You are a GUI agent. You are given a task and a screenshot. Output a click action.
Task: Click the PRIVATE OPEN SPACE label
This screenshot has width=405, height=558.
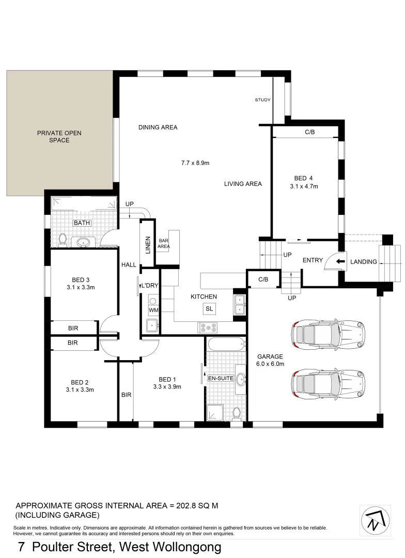coord(59,136)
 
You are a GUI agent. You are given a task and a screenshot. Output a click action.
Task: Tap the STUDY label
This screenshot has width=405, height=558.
coord(262,100)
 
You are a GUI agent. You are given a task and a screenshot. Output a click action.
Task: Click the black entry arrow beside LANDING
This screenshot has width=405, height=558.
coord(340,261)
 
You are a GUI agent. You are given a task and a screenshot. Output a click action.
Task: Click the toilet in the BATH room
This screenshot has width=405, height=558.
coord(63,239)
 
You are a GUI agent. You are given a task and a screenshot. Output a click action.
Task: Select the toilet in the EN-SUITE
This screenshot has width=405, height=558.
coord(237,413)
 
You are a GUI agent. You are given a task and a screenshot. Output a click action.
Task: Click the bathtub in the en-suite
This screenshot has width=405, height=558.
coord(227,344)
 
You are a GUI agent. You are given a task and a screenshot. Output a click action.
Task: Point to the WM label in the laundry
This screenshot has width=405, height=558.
coord(153,310)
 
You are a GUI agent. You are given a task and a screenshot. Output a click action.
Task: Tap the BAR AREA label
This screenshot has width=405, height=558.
coord(164,244)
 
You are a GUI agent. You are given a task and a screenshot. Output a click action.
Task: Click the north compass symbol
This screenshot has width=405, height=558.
coord(376,519)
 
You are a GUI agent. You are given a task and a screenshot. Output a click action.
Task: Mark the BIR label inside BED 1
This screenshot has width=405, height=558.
coord(126,395)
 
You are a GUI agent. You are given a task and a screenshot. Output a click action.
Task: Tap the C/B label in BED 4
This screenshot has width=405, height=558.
coord(309,133)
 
